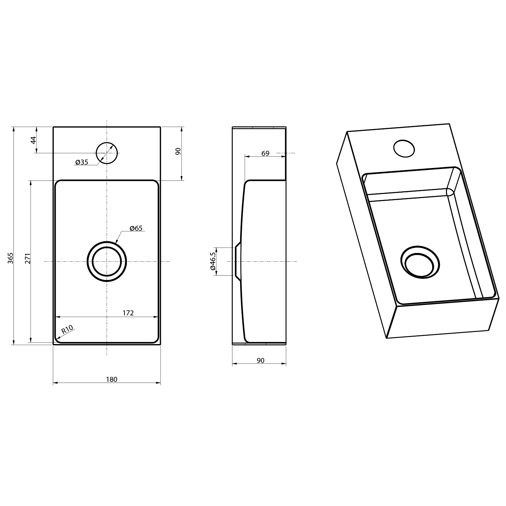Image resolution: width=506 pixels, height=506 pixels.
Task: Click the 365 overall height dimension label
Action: [x=10, y=258]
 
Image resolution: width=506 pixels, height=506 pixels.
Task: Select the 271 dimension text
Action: [x=28, y=258]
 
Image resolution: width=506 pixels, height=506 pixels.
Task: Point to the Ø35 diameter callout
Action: [x=82, y=162]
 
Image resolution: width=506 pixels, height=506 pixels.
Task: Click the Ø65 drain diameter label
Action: [x=136, y=228]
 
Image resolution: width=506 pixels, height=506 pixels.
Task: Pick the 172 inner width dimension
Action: [x=128, y=313]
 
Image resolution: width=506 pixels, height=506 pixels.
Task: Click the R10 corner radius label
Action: [x=67, y=329]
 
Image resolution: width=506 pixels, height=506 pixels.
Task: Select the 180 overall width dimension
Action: [x=112, y=379]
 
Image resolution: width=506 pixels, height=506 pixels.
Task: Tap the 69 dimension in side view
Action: [x=265, y=153]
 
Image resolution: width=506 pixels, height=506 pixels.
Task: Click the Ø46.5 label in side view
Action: [x=213, y=261]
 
